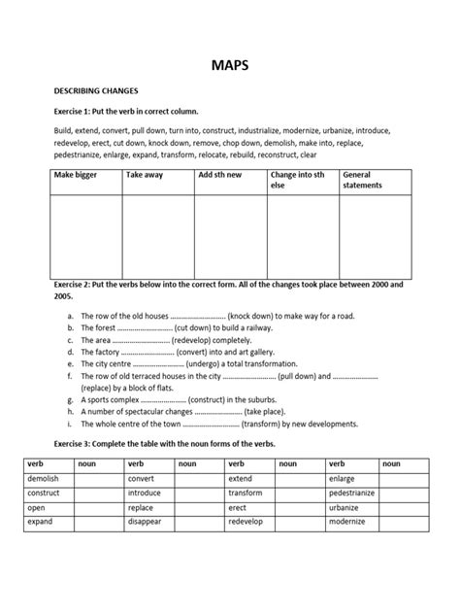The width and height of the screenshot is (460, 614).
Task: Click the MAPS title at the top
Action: coord(229,66)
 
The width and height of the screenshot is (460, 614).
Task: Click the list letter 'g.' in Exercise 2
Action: coord(71,399)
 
